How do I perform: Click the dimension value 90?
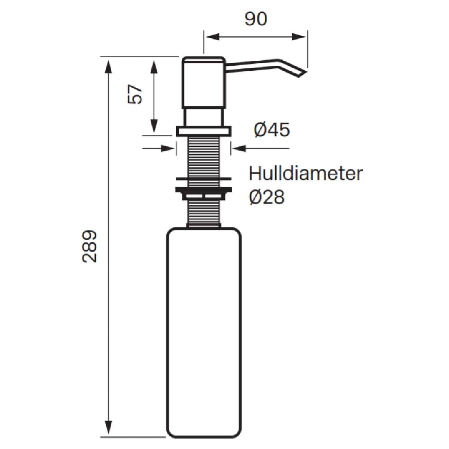pos(256,19)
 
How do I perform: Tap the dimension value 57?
pos(134,94)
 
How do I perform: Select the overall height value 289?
pos(89,246)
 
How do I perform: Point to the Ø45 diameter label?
pos(272,130)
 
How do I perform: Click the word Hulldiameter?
pos(306,173)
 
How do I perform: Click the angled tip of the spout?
pos(303,73)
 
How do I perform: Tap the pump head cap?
pos(204,83)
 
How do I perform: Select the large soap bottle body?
pos(204,336)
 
